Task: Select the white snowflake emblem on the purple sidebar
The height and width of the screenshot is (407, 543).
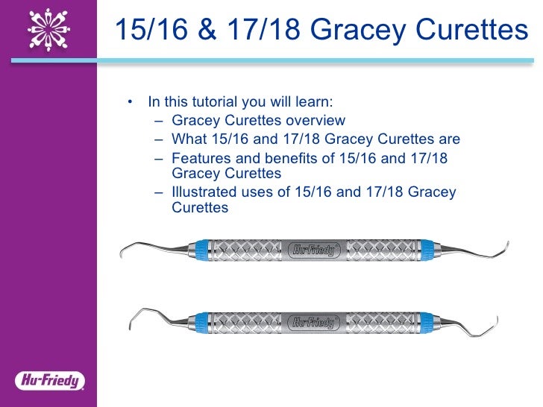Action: (x=48, y=29)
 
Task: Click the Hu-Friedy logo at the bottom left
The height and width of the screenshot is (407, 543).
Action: (x=48, y=382)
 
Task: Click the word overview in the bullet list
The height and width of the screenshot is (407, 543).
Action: (x=319, y=121)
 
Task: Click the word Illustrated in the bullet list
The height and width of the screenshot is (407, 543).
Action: (x=204, y=192)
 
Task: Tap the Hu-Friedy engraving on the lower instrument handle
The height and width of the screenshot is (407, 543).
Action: (x=313, y=322)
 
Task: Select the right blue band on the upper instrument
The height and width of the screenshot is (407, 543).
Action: (x=427, y=250)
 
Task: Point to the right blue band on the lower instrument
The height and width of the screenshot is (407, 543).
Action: (x=427, y=322)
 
